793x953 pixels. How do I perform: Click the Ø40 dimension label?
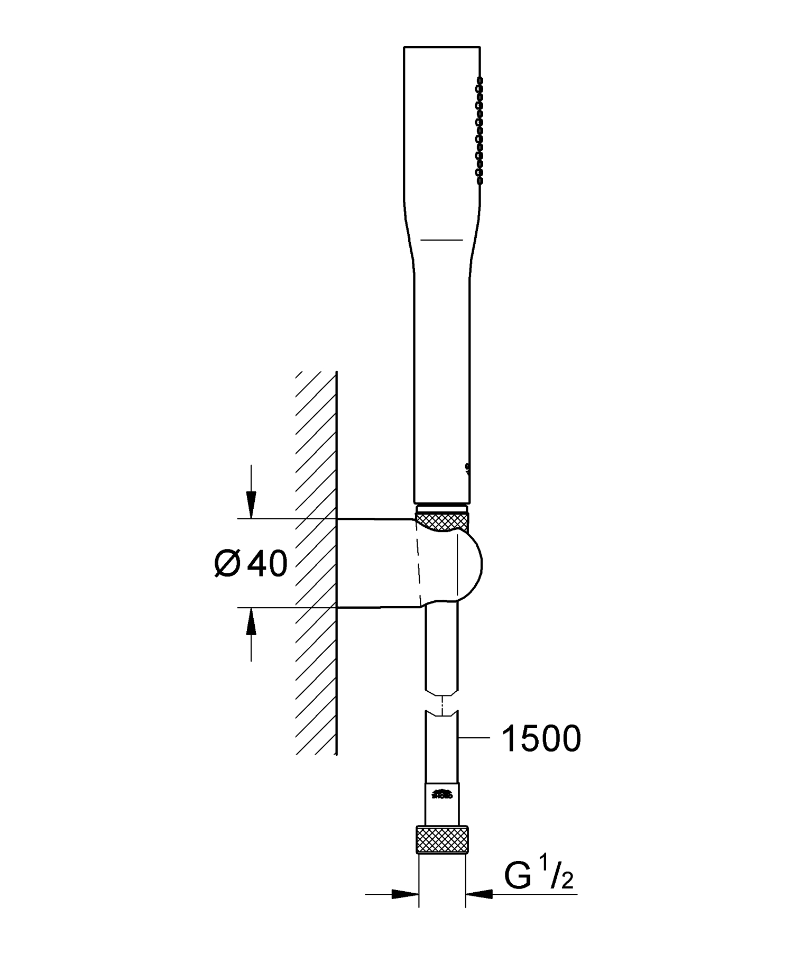tap(252, 564)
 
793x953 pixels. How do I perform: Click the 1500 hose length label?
tap(540, 739)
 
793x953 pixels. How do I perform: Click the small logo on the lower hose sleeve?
tap(442, 794)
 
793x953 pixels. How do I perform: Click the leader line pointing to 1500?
tap(473, 737)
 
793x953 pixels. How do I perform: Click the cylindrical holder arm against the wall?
tap(375, 563)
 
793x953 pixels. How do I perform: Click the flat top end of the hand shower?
tap(441, 47)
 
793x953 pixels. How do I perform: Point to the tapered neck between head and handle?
tap(441, 254)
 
